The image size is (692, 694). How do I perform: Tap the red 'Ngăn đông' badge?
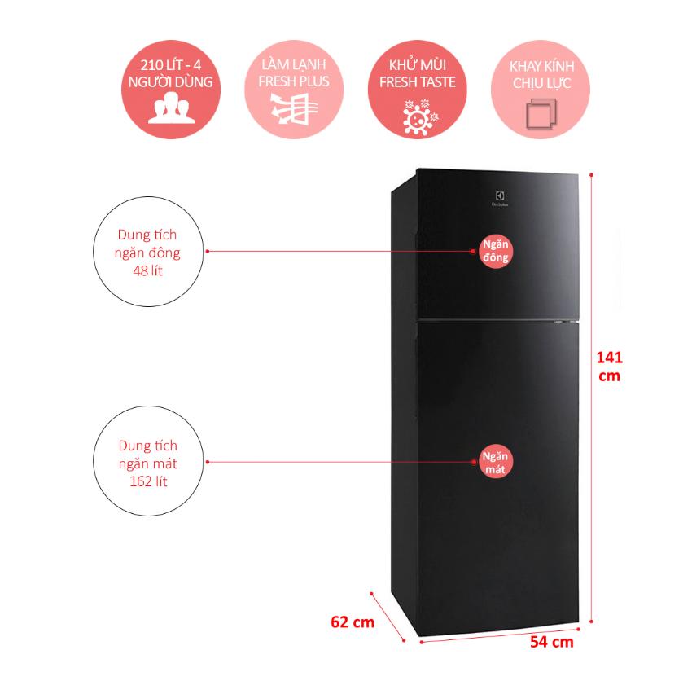(x=495, y=251)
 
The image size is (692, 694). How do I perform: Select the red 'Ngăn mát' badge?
(x=495, y=463)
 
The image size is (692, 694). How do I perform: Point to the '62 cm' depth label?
(x=353, y=622)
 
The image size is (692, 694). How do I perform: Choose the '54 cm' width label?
(x=552, y=642)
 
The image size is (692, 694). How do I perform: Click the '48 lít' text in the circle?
(x=148, y=271)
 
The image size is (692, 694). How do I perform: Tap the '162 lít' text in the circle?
(x=148, y=481)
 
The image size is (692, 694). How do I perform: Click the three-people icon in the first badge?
(x=171, y=108)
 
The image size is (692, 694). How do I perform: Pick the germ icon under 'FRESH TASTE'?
(x=419, y=116)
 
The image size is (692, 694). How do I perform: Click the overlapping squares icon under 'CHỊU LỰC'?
(x=541, y=113)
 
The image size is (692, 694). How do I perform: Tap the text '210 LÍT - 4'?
(x=171, y=65)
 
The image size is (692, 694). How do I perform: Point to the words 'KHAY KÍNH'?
(x=541, y=67)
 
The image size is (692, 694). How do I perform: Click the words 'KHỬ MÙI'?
(x=417, y=64)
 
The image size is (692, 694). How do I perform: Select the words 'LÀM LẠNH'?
(x=294, y=64)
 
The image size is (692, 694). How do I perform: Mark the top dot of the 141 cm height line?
(x=591, y=175)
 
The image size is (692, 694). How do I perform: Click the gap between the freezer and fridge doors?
(x=497, y=319)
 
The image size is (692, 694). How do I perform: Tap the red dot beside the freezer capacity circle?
(x=208, y=252)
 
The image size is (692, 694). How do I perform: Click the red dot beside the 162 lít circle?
(x=208, y=462)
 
